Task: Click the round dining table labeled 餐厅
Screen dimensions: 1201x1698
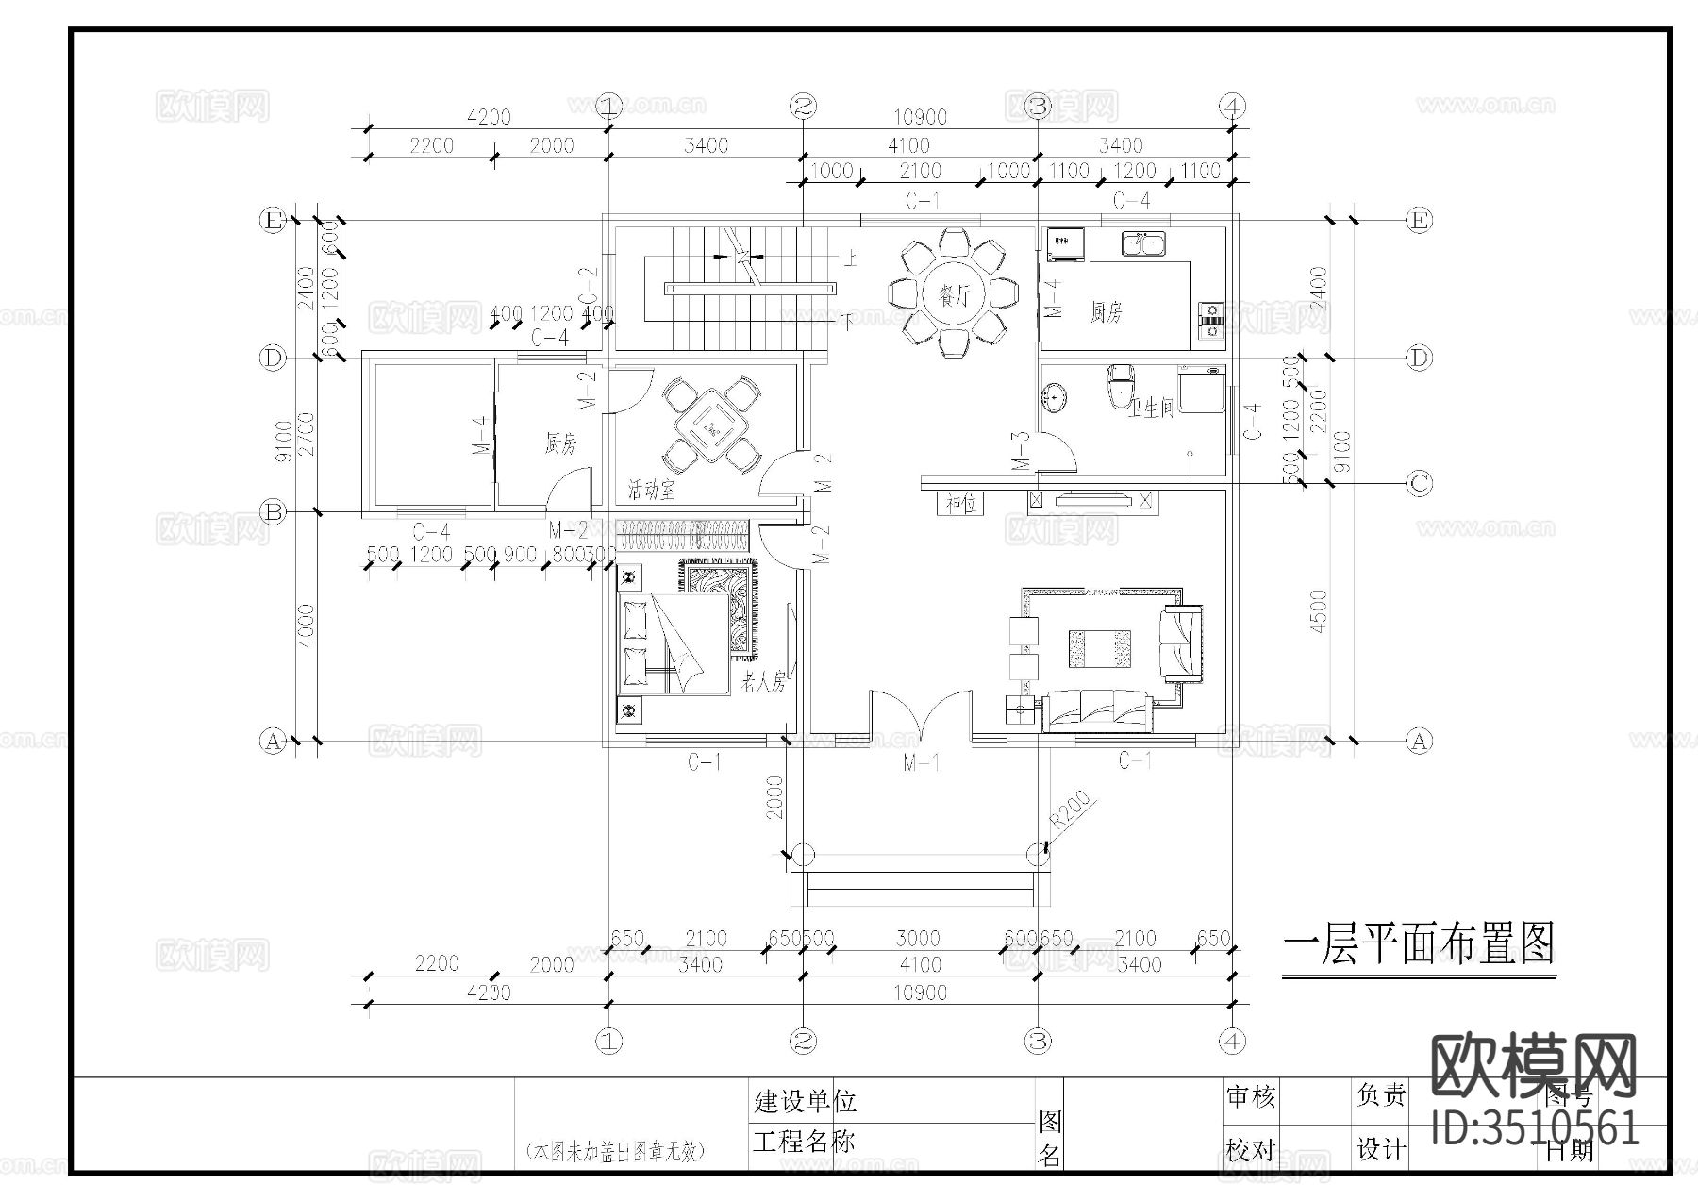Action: coord(954,295)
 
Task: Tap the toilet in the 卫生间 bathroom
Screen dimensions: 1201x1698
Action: coord(1120,386)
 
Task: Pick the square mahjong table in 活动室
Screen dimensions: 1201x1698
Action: coord(710,427)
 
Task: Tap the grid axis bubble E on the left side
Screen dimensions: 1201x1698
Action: coord(273,221)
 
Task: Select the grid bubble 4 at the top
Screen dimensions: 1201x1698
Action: coord(1232,106)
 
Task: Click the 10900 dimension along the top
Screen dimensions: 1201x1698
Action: coord(920,117)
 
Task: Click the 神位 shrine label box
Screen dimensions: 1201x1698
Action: coord(960,503)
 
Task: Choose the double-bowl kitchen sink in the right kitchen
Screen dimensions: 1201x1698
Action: coord(1142,243)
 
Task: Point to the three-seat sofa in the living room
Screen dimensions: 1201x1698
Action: coord(1097,711)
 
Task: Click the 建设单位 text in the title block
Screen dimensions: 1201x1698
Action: coord(805,1100)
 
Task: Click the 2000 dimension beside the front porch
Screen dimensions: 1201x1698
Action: coord(774,796)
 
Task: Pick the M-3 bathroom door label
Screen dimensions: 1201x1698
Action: coord(1020,451)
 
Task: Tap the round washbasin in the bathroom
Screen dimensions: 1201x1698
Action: coord(1054,397)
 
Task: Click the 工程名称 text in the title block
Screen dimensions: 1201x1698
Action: coord(805,1142)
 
